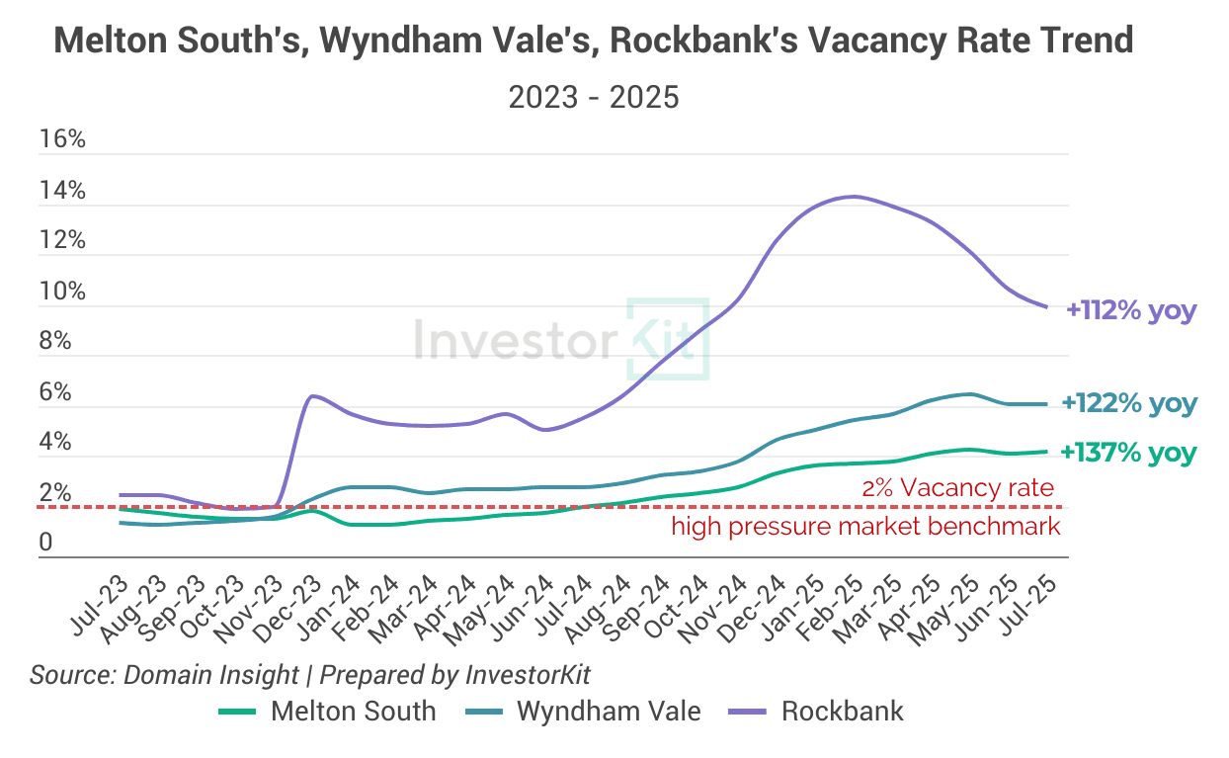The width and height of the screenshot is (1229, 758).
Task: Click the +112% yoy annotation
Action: pos(1131,310)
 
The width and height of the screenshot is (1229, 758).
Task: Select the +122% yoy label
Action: pos(1128,403)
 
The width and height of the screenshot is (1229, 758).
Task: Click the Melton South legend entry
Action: pos(327,711)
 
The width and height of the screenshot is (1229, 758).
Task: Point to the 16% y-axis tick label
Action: pos(62,139)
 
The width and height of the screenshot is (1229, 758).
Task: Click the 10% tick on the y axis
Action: pos(62,292)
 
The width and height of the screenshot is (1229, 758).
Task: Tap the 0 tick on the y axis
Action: pos(45,544)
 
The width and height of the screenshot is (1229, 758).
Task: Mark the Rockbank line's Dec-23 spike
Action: pos(312,396)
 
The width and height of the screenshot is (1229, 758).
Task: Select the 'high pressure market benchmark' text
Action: pos(865,526)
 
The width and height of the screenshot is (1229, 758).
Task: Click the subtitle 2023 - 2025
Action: pos(593,97)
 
